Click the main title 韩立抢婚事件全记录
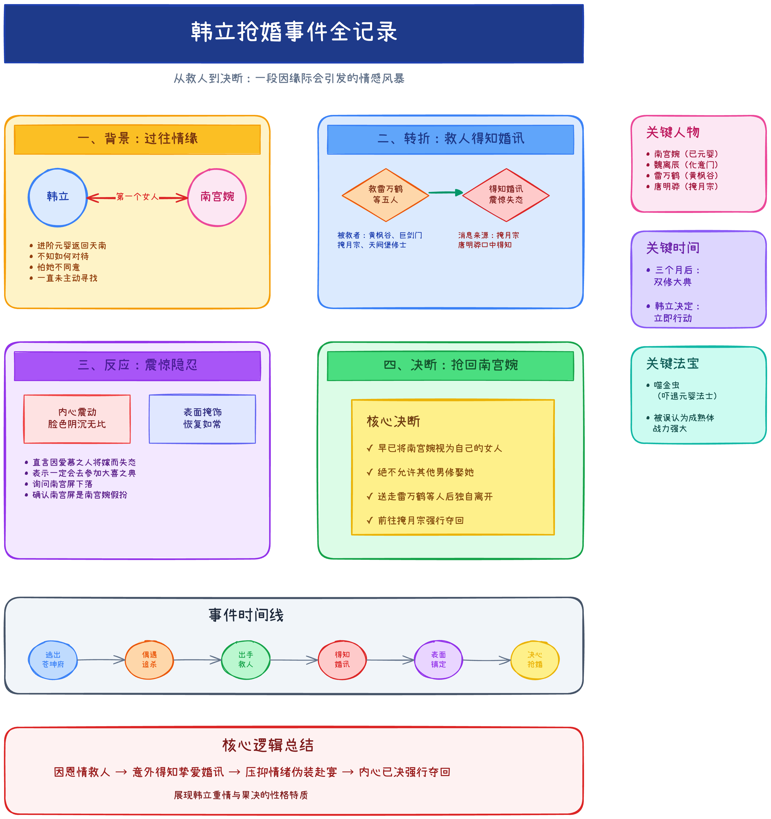tap(293, 32)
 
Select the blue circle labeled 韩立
tap(58, 197)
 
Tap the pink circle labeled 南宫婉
tap(217, 197)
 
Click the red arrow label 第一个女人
tap(137, 197)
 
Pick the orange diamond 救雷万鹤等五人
tap(385, 194)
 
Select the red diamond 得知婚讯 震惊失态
tap(506, 194)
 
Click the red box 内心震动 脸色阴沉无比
tap(77, 419)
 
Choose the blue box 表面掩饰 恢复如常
tap(202, 419)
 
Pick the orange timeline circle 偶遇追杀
tap(149, 660)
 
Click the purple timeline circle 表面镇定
tap(439, 660)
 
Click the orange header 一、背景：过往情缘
tap(137, 139)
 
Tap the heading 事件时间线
tap(246, 615)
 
